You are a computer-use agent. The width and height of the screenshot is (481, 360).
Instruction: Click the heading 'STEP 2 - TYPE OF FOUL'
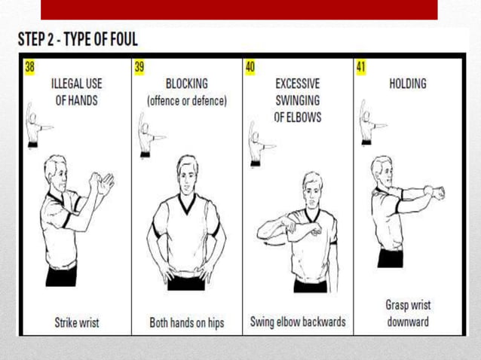[x=78, y=38]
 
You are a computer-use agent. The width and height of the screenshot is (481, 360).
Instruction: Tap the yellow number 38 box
[x=29, y=67]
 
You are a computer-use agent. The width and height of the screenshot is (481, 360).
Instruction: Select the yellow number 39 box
[x=139, y=67]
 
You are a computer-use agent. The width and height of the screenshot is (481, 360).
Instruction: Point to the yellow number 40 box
[x=250, y=67]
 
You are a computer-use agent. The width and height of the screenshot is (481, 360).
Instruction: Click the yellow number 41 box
[x=360, y=67]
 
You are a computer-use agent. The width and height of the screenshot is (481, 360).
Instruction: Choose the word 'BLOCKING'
[x=186, y=84]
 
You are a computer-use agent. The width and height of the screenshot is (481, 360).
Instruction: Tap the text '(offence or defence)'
[x=186, y=100]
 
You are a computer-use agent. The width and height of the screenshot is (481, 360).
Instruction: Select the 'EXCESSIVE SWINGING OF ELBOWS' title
[x=297, y=100]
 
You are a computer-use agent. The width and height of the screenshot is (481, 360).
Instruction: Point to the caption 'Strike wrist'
[x=76, y=322]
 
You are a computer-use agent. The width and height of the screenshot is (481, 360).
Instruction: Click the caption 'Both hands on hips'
[x=187, y=322]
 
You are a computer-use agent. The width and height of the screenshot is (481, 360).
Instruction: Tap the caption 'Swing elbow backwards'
[x=298, y=322]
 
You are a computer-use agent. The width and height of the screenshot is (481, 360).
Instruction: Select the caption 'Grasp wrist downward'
[x=409, y=314]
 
